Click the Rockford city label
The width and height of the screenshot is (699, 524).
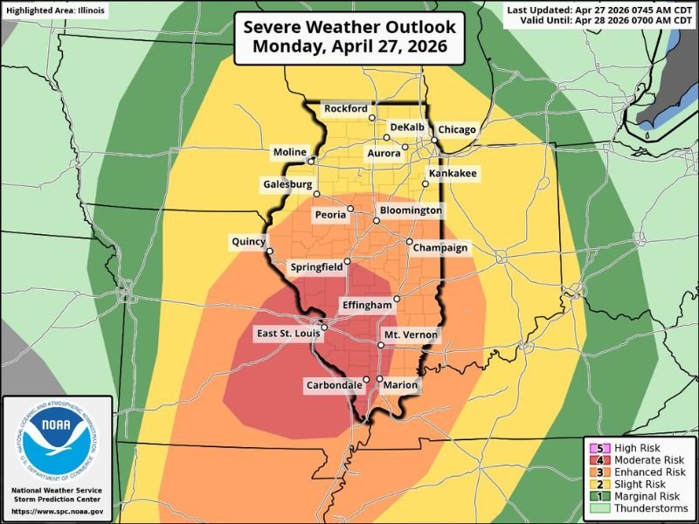click(x=345, y=108)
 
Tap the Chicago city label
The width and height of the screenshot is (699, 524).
click(x=457, y=129)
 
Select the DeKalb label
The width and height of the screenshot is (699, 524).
click(x=406, y=127)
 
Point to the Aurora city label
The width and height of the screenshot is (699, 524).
click(x=384, y=153)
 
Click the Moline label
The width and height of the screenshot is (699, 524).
click(x=289, y=153)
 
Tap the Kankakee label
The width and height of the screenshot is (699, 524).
click(x=452, y=175)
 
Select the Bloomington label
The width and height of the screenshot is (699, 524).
click(x=411, y=210)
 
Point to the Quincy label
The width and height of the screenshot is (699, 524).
click(x=247, y=240)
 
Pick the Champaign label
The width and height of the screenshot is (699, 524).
click(x=441, y=248)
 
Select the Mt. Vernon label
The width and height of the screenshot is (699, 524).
click(x=411, y=335)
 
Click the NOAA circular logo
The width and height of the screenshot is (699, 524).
click(x=58, y=442)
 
